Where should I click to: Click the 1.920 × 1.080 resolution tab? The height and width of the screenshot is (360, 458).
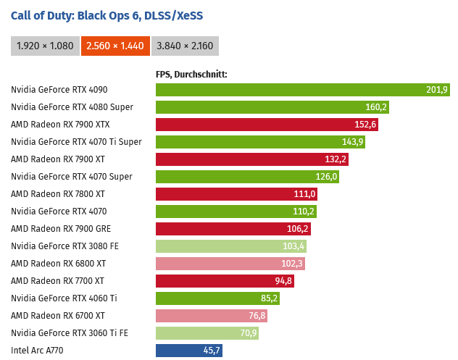pyautogui.click(x=44, y=46)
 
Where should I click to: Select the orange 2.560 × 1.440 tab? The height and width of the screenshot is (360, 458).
pyautogui.click(x=115, y=46)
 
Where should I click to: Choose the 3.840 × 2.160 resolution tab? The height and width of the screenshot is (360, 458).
pyautogui.click(x=185, y=46)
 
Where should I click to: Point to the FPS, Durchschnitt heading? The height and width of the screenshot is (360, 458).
pyautogui.click(x=191, y=74)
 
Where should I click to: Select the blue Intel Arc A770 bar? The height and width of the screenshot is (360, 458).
pyautogui.click(x=188, y=351)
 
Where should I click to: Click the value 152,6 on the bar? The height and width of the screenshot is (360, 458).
pyautogui.click(x=365, y=125)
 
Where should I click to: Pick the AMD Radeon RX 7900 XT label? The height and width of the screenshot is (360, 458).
pyautogui.click(x=58, y=159)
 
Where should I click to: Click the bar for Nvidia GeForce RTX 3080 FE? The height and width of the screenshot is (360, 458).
pyautogui.click(x=231, y=246)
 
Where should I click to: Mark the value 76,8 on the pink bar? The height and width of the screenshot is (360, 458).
pyautogui.click(x=257, y=316)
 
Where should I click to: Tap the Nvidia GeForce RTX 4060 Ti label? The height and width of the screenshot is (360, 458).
pyautogui.click(x=64, y=298)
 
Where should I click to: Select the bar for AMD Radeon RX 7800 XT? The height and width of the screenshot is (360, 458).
pyautogui.click(x=236, y=194)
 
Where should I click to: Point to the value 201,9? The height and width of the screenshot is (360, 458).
pyautogui.click(x=437, y=90)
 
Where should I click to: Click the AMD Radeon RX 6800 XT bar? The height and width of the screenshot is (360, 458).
pyautogui.click(x=230, y=264)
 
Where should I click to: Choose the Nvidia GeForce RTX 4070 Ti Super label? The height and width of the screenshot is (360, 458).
pyautogui.click(x=76, y=142)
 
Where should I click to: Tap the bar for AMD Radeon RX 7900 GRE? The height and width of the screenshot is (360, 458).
pyautogui.click(x=233, y=229)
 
